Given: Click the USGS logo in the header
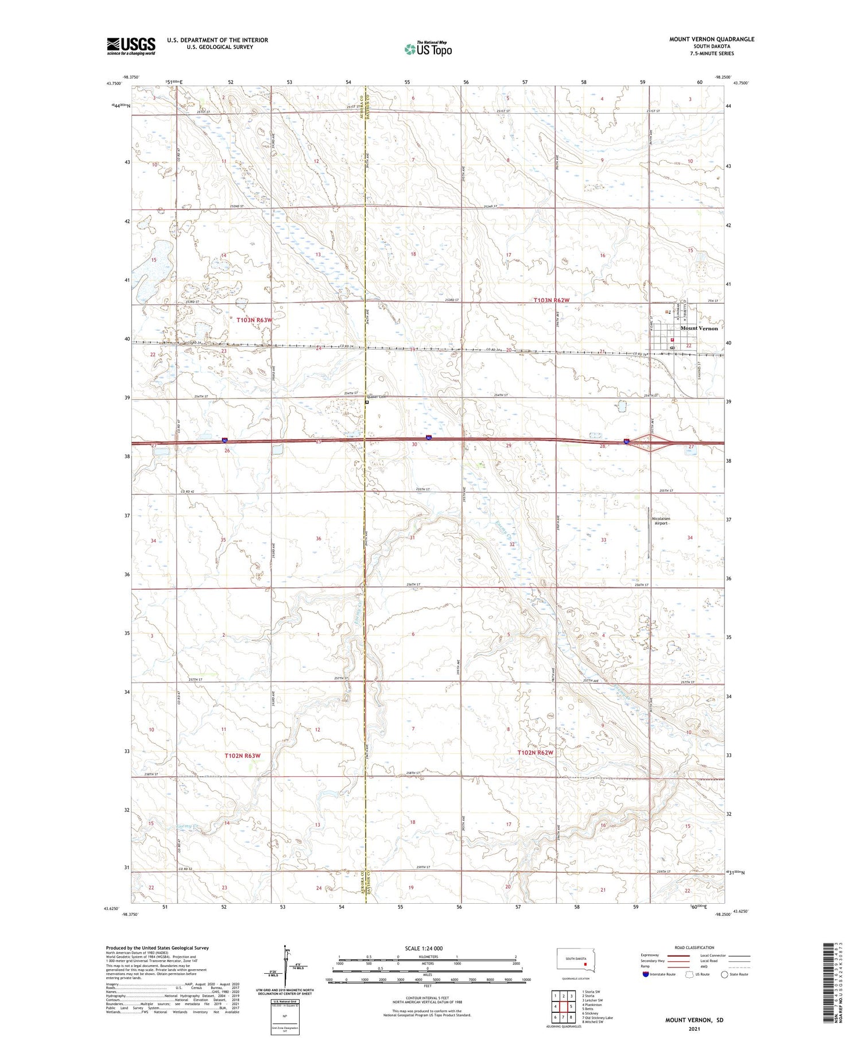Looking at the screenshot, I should coord(131,46).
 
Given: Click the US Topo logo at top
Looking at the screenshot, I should coord(428,49).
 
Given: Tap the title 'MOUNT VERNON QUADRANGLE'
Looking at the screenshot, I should coord(711,40).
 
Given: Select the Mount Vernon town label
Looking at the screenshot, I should coord(699,328).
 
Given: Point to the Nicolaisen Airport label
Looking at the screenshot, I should coord(661,521).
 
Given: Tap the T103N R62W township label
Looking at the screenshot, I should coord(551,300).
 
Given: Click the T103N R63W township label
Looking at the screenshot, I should coord(254,320).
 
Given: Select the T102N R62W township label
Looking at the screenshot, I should coord(535,752).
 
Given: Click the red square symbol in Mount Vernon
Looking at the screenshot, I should coord(672,339).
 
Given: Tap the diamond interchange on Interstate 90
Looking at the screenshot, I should coord(649,442).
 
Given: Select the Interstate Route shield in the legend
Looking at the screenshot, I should coord(645,974).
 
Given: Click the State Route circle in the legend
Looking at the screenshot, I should coord(724,974).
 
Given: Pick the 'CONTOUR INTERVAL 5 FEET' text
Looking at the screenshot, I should coord(427,999).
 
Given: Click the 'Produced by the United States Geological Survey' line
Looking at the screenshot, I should coord(157,948).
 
